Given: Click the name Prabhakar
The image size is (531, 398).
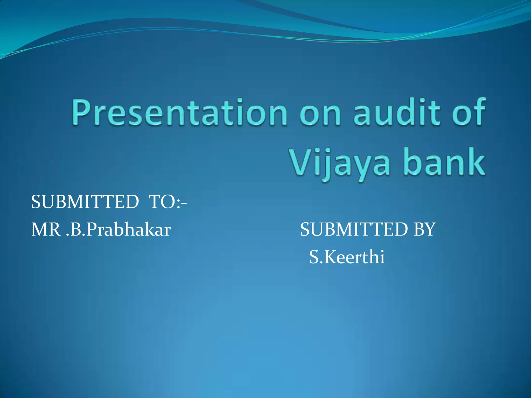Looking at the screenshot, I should click(x=129, y=230).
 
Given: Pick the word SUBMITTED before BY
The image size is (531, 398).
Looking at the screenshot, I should click(x=354, y=230).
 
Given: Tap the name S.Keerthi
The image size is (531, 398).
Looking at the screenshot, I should click(x=347, y=257).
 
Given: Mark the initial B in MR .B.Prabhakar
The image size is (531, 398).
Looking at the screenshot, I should click(x=76, y=230).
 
